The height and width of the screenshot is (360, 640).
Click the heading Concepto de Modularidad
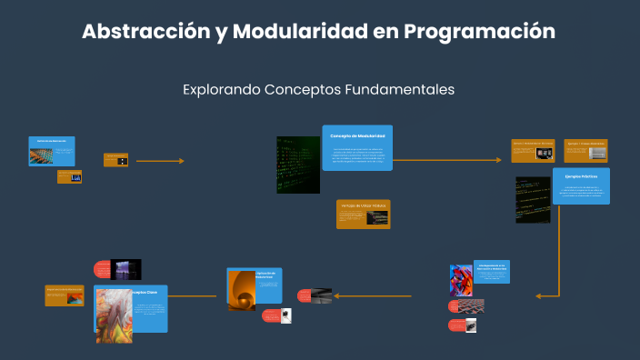357,135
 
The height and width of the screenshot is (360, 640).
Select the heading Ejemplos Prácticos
581,175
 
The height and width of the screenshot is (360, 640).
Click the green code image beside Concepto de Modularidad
298,165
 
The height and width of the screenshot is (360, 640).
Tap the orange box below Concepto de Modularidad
363,214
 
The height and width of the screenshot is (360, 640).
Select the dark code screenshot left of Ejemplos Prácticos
533,199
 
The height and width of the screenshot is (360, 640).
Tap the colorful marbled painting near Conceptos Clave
113,315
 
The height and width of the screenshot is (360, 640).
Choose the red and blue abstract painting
461,279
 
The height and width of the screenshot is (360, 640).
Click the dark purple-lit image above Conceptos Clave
126,269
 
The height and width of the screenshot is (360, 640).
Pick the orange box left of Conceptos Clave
65,295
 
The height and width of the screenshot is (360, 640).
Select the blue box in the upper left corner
51,151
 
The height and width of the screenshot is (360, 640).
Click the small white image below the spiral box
286,315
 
